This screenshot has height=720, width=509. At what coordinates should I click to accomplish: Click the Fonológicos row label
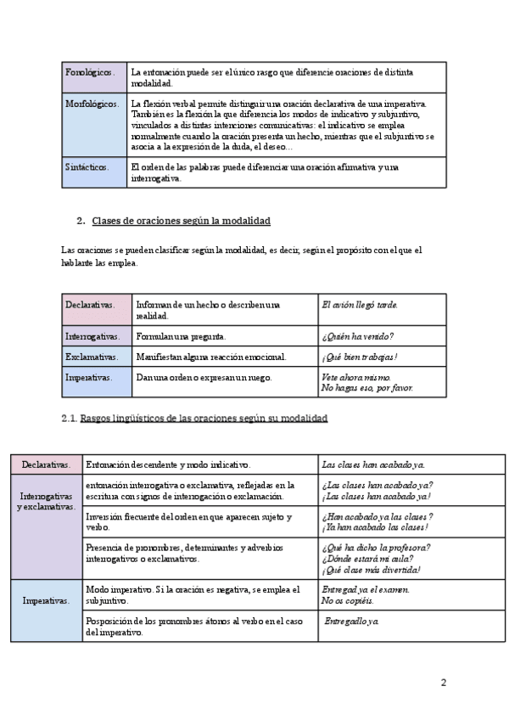pos(88,73)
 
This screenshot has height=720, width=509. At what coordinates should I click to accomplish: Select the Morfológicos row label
pos(92,104)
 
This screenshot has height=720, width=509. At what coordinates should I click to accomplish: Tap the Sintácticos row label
pos(87,167)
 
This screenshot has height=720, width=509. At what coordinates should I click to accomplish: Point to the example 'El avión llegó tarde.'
pos(360,304)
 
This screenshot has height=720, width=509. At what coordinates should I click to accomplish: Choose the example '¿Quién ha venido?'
pos(356,335)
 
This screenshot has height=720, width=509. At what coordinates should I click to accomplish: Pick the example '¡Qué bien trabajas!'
pos(360,357)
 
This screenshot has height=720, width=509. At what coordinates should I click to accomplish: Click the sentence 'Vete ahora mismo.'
pos(356,377)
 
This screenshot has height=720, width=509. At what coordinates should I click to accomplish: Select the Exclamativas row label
pos(92,357)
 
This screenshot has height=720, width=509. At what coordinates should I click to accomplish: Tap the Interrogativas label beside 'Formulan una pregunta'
pos(92,335)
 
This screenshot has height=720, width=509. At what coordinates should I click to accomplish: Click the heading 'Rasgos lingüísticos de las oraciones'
pos(204,419)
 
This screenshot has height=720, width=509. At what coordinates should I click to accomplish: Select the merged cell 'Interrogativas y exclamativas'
pos(47,500)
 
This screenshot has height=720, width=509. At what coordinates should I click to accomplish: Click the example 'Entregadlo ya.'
pos(352,622)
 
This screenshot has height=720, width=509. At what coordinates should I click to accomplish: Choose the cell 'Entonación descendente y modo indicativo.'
pos(168,464)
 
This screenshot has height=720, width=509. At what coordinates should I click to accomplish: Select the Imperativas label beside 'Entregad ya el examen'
pos(47,600)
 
